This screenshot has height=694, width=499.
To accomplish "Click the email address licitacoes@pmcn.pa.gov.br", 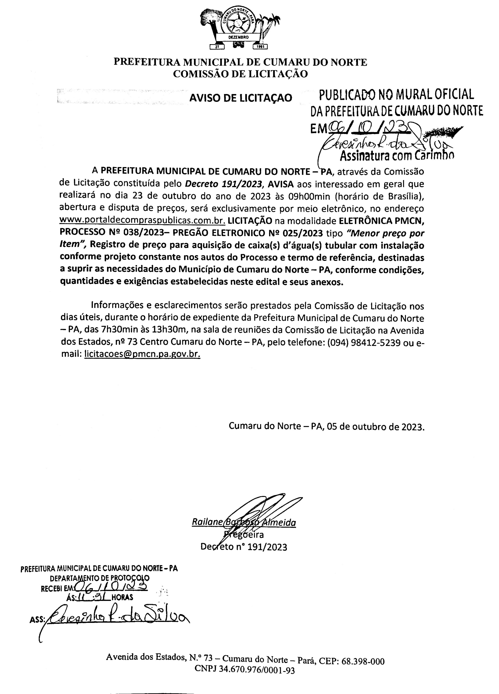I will tap(142, 354).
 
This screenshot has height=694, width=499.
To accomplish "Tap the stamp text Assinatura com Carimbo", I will tap(397, 156).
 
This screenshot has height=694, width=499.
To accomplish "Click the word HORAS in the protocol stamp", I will tap(122, 597).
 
